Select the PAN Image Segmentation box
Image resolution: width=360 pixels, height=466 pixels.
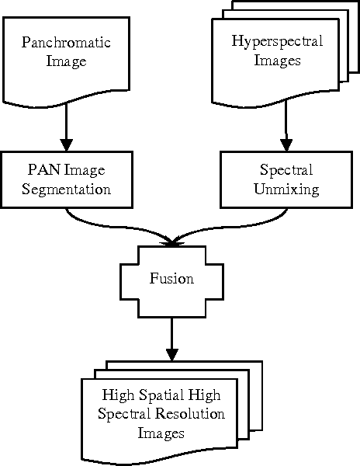[66, 179]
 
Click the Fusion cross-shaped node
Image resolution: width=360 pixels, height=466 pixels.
[171, 278]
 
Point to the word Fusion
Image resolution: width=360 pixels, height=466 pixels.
[171, 278]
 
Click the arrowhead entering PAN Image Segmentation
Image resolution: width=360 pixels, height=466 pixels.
[66, 144]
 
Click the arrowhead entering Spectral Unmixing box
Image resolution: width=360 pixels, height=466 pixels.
[286, 144]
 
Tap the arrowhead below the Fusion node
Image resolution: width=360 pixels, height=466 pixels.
[171, 355]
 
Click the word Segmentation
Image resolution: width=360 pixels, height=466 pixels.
[66, 189]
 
